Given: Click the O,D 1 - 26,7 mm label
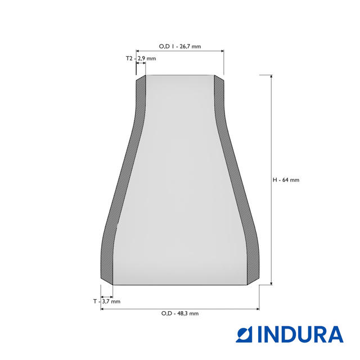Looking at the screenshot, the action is click(180, 46).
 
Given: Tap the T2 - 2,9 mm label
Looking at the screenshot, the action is click(141, 58).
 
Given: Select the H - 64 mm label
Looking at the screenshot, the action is click(286, 180).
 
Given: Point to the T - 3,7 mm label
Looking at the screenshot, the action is click(107, 301).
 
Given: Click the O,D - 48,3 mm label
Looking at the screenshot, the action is click(180, 313).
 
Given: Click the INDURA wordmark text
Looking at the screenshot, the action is click(300, 335).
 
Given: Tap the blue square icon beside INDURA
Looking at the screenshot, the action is click(244, 335).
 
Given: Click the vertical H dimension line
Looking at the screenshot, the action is click(271, 180).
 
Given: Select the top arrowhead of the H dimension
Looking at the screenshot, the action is click(271, 77).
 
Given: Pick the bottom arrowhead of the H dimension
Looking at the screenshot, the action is click(271, 283).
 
